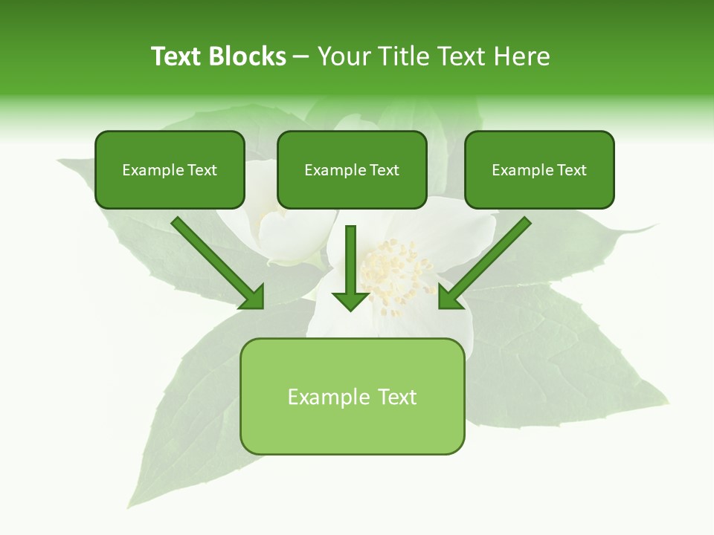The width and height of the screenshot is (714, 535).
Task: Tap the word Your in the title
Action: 344,56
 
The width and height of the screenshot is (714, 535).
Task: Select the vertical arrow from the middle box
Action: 351,260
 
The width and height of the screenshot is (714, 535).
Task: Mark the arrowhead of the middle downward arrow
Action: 351,301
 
